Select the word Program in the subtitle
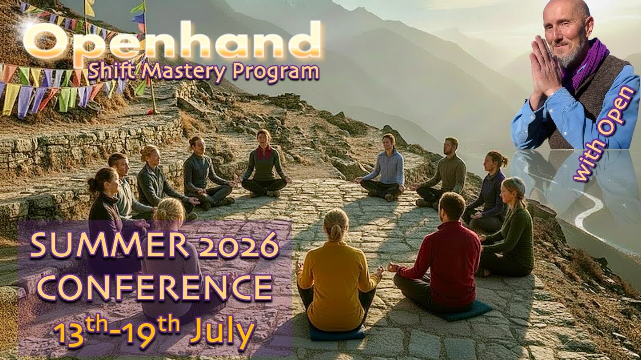click(276, 73)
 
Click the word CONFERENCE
click(155, 287)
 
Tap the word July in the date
click(222, 333)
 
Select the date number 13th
click(81, 333)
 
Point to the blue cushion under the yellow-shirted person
click(338, 333)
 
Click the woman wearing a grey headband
click(508, 229)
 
